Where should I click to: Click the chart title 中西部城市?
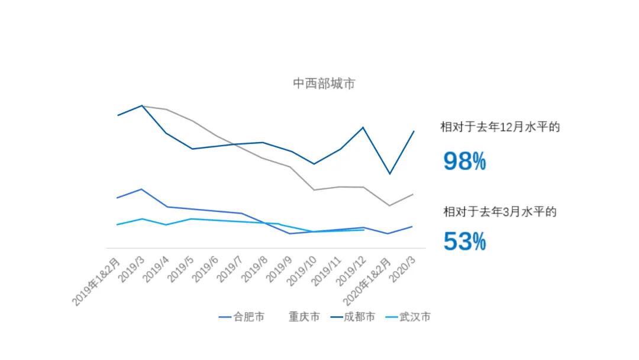[x=324, y=83]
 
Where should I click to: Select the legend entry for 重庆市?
[x=304, y=317]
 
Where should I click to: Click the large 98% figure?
[x=464, y=161]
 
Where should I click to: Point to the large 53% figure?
[x=464, y=242]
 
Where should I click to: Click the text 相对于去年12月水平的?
[x=500, y=127]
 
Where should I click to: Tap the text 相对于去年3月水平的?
[x=500, y=211]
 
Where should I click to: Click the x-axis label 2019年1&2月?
[x=98, y=281]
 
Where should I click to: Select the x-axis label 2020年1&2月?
[x=369, y=281]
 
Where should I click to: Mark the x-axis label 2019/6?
[x=205, y=269]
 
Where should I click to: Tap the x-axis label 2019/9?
[x=279, y=269]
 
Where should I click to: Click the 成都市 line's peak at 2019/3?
[x=142, y=105]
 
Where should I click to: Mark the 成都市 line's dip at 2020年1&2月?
[x=389, y=173]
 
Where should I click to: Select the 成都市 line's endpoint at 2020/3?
[x=412, y=131]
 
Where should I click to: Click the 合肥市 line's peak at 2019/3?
[x=141, y=189]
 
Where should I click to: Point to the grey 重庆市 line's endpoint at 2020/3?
[x=412, y=194]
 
